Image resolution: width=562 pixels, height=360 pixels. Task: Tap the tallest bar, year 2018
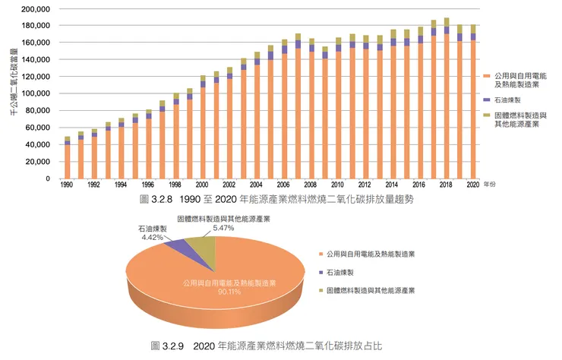point(446,99)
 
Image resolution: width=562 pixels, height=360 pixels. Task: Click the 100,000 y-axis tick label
point(36,93)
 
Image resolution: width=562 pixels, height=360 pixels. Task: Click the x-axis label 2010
point(337,185)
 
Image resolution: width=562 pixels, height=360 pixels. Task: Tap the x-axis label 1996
point(148,185)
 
